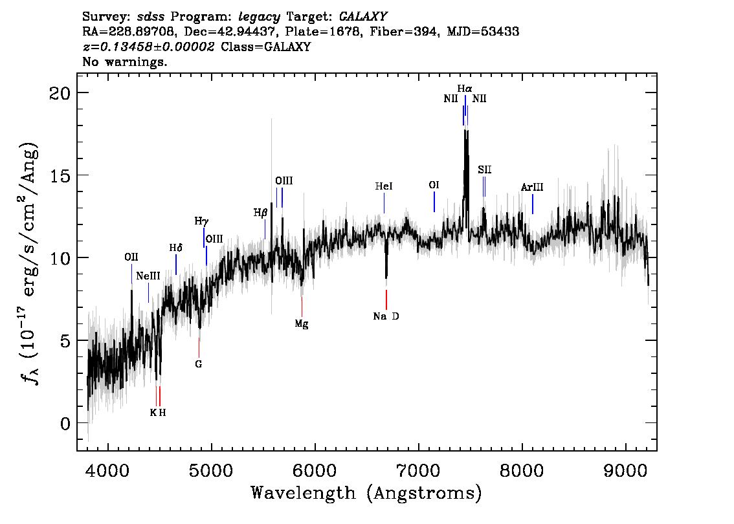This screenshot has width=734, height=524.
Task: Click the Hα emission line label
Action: pos(465,89)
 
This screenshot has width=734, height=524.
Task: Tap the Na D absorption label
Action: pos(386,316)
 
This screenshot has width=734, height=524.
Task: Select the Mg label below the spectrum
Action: pos(302,324)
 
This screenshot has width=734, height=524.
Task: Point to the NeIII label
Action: pos(148,276)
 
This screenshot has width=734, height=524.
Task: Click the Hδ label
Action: pos(176,248)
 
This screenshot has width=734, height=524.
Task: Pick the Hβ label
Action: pos(260,212)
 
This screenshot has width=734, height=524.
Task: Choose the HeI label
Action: pos(384,186)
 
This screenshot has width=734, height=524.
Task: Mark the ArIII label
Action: pos(532,188)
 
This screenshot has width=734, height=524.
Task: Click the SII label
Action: pos(485,169)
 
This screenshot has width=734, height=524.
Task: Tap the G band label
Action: pos(199,364)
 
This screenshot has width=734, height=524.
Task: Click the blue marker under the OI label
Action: pos(434,201)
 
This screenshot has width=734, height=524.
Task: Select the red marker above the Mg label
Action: pos(302,304)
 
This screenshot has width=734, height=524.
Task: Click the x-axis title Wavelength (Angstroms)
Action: pos(366,494)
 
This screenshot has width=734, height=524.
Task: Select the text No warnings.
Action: pos(125,62)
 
